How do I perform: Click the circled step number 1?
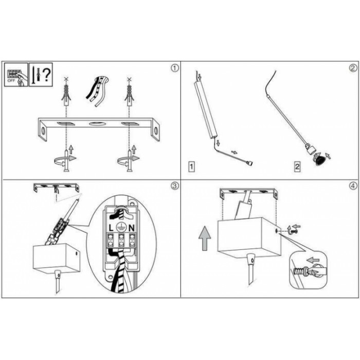175,68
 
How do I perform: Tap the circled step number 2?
353,68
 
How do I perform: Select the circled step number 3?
175,186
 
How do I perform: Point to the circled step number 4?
353,186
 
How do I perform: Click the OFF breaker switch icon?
16,75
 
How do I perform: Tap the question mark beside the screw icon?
47,75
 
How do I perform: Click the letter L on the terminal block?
111,228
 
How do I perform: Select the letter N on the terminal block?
131,228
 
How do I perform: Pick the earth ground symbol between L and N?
121,227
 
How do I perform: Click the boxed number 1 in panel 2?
191,167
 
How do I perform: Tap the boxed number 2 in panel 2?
297,167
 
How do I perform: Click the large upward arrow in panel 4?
205,238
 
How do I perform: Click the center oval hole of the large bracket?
97,124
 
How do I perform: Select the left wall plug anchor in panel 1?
66,94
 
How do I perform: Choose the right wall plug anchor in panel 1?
129,94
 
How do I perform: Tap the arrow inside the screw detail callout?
313,260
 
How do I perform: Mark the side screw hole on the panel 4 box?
277,230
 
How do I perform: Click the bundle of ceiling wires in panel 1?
97,91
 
